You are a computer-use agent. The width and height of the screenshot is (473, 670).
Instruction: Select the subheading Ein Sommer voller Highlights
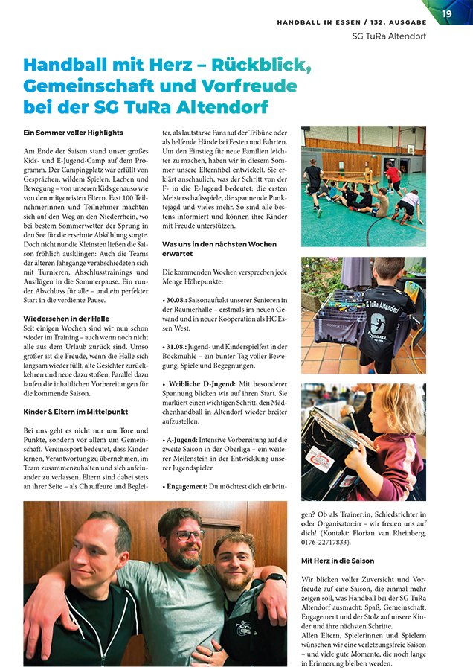73,133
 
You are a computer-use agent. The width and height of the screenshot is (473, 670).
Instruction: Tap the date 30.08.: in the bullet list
178,299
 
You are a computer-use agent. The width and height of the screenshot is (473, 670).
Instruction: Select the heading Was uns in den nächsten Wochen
219,244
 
